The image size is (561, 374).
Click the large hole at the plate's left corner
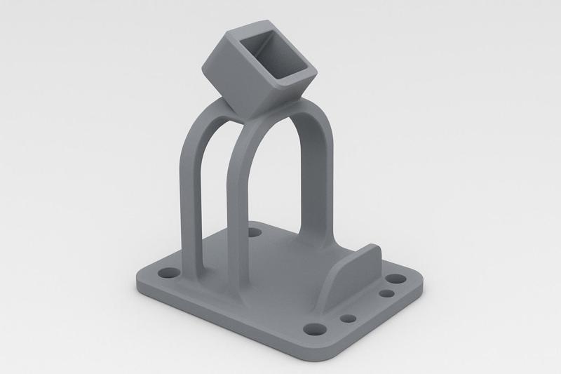click(x=168, y=271)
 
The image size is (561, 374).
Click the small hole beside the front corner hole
click(x=346, y=319)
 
